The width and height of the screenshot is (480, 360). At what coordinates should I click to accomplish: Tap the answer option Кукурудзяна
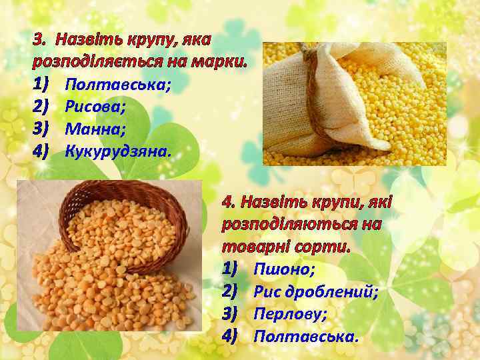(118, 149)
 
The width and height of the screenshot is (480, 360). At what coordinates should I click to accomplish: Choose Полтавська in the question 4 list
(306, 335)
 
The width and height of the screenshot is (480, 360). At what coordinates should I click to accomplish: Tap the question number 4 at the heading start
(228, 202)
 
